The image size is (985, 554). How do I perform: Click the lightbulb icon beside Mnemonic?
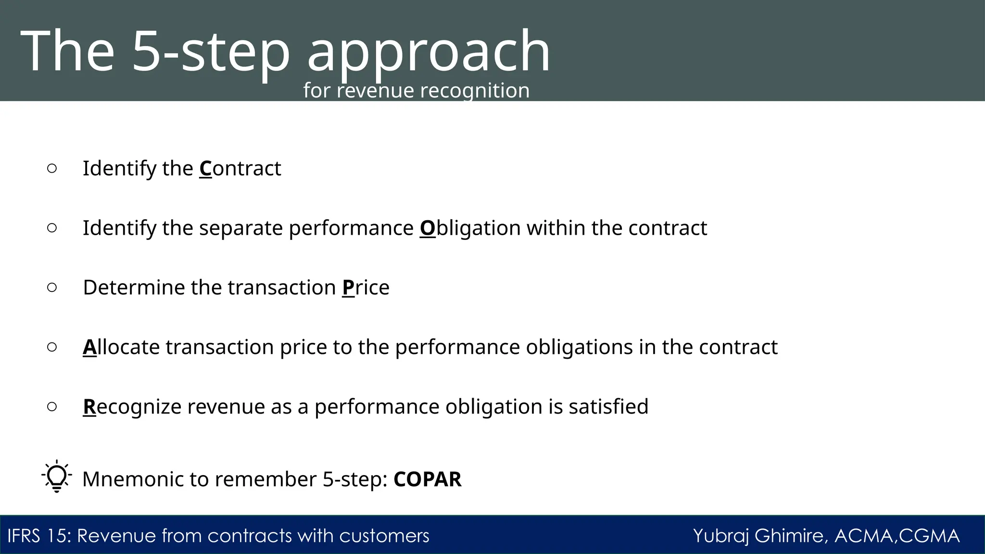click(x=57, y=476)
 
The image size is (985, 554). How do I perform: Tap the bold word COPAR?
click(x=427, y=479)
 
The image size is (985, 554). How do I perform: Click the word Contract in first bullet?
click(x=240, y=169)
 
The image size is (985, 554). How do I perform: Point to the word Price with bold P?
click(x=366, y=288)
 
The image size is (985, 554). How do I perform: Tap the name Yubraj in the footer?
click(x=721, y=536)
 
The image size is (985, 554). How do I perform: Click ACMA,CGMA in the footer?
click(x=897, y=536)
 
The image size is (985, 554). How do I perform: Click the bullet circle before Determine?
click(x=52, y=288)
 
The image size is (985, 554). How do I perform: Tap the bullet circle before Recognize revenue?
click(x=52, y=407)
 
